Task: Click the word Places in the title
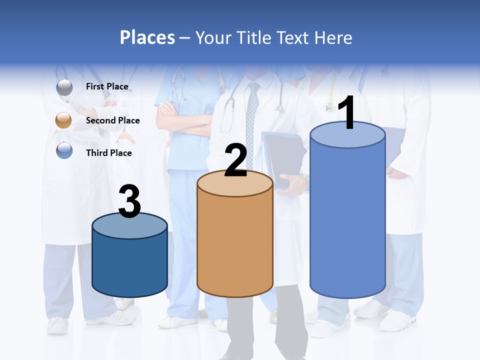click(147, 37)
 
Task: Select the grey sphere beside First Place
click(64, 87)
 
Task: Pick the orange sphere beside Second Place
click(64, 120)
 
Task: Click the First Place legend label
click(107, 86)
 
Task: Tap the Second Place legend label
click(112, 120)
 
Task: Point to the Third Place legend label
click(108, 153)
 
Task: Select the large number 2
click(236, 160)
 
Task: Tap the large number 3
click(129, 201)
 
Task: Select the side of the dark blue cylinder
click(129, 265)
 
